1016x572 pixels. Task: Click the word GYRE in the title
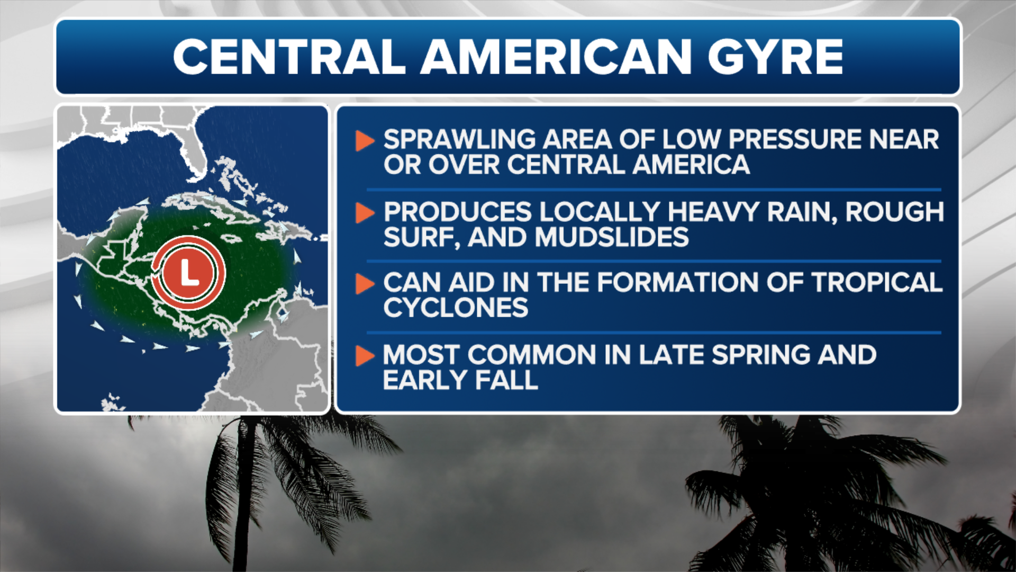coord(775,57)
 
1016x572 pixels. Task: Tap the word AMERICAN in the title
coord(556,57)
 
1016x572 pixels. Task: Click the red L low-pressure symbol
coord(188,273)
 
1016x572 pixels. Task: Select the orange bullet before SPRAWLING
coord(364,141)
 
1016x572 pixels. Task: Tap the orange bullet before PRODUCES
coord(364,212)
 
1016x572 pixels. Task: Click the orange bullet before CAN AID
coord(364,284)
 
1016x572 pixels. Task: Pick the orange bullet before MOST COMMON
coord(364,355)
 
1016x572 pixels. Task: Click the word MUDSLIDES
coord(612,237)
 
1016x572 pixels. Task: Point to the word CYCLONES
coord(456,308)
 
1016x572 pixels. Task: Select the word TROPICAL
coord(877,282)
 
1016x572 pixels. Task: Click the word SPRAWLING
coord(459,140)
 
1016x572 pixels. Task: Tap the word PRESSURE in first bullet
coord(795,140)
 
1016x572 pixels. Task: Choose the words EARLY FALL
coord(460,380)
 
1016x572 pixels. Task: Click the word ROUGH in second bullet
coord(894,212)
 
